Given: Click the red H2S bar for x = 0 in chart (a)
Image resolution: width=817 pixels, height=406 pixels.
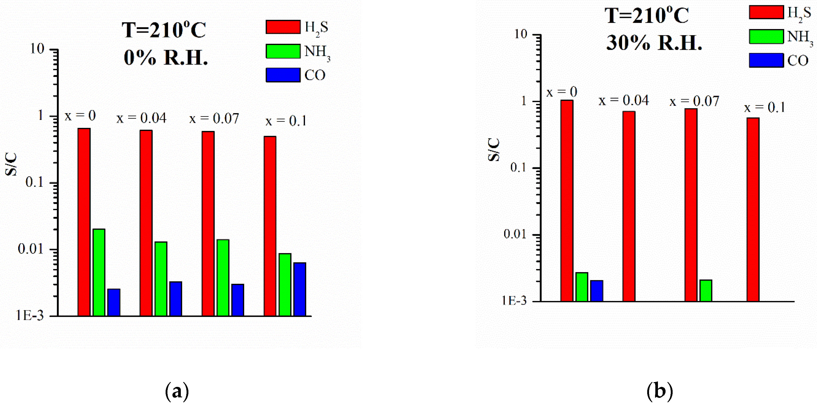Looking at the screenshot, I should point(84,222).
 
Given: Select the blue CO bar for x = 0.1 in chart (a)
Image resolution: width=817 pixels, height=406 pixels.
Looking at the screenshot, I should point(300,289).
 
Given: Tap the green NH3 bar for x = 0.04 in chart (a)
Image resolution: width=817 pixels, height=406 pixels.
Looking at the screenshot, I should point(161,279).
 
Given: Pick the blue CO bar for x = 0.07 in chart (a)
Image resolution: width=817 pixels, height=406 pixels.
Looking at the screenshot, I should point(238,300).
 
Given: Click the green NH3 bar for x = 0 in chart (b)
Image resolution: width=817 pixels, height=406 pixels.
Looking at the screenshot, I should point(582,287).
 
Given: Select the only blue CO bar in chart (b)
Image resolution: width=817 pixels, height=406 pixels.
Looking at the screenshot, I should point(597,291).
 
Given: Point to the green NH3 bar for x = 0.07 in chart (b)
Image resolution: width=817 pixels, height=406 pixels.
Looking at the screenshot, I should point(706,290).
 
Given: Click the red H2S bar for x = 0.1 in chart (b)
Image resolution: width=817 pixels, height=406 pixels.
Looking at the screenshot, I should point(753,209).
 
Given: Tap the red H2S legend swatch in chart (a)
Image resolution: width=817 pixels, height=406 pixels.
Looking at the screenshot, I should point(283,27).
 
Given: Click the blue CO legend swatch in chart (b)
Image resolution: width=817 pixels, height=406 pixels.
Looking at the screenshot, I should point(766,60).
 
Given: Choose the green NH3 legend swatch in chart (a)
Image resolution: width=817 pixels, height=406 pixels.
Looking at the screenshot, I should point(283,51).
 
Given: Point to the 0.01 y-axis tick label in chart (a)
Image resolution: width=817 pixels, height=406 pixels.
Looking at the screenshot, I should point(30,249).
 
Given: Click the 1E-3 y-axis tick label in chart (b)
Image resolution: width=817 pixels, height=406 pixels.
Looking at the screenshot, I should point(514,300).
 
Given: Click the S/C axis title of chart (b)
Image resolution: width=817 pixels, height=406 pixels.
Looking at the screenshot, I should point(494,150).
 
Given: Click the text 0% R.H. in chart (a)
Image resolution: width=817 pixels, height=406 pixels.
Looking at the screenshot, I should point(166,58).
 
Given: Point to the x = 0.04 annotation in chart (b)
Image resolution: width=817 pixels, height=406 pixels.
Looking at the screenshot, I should point(624,101).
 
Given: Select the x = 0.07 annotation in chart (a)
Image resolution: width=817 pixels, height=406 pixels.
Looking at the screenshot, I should point(214,119).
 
